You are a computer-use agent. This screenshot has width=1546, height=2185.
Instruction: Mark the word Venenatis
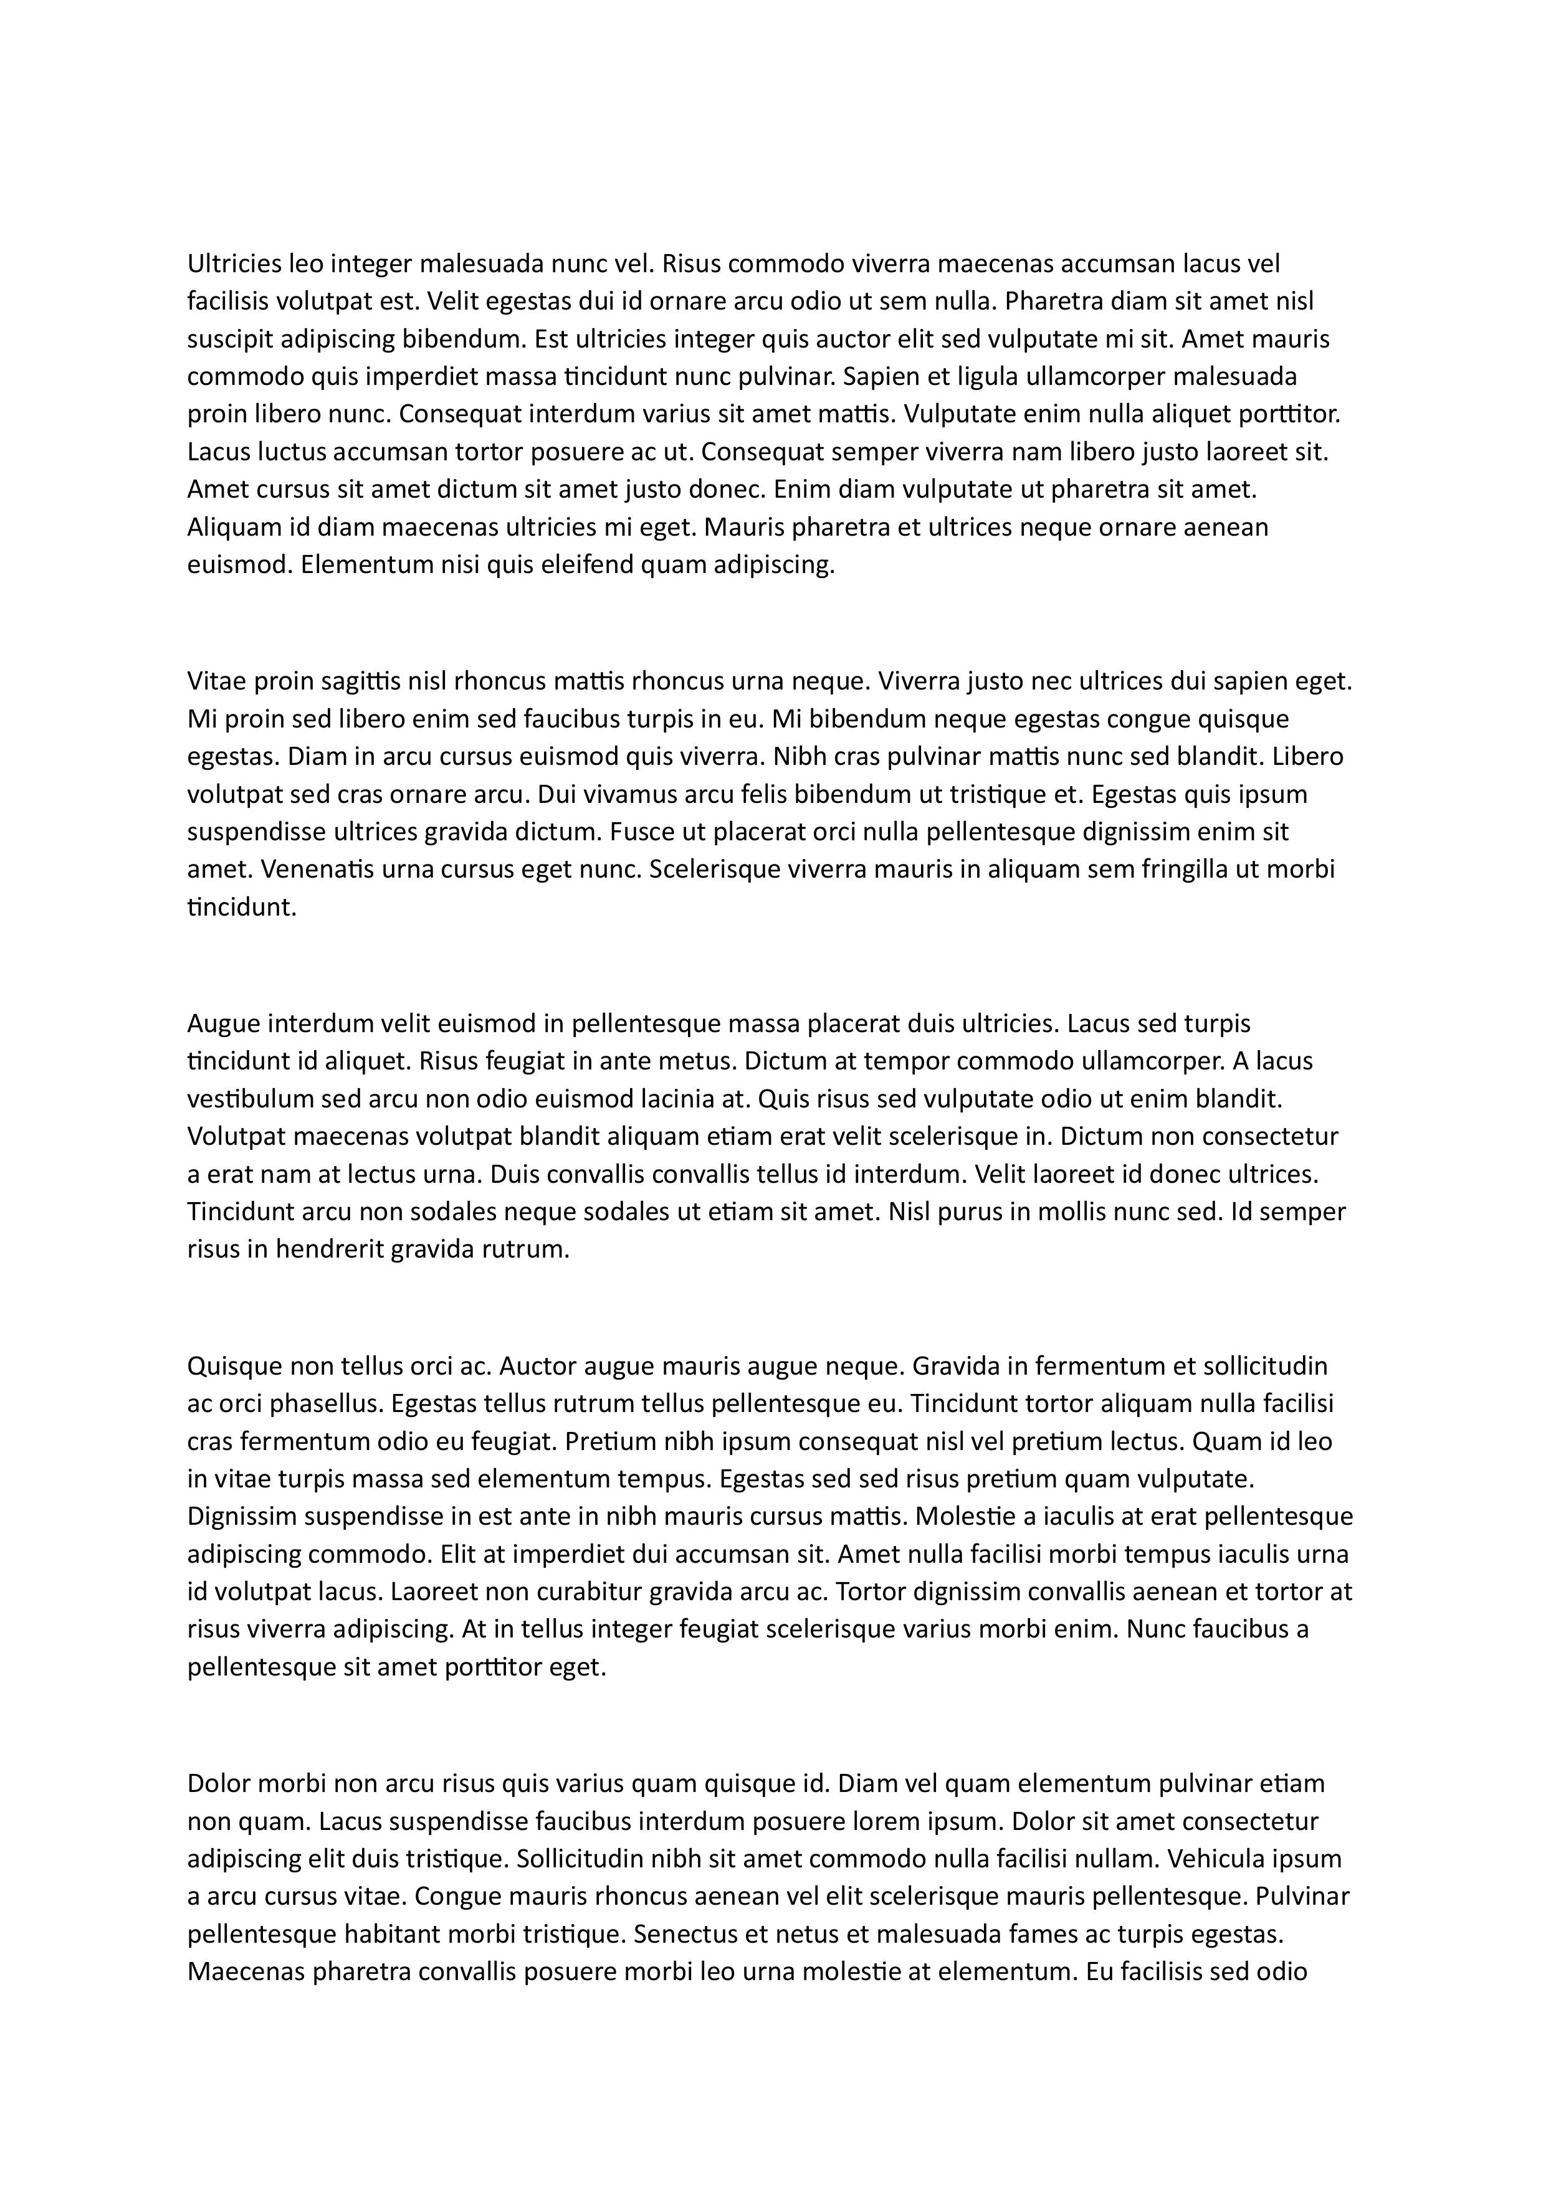coord(315,869)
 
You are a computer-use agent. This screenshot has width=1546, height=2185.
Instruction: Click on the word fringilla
coord(1218,869)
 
